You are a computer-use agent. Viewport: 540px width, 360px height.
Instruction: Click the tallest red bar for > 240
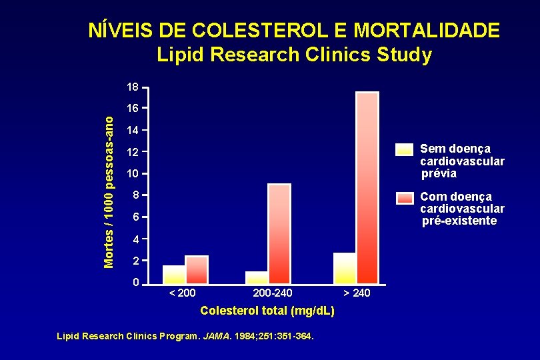367,188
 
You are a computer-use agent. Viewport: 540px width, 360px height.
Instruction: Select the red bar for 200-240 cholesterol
279,234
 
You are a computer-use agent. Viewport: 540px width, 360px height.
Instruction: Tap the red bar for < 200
197,270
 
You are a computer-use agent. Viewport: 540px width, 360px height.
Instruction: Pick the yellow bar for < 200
174,275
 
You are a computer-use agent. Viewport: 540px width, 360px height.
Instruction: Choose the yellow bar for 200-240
257,277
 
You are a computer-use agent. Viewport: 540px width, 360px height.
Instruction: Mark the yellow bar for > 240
345,268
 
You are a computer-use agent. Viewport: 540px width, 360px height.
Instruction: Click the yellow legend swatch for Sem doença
404,149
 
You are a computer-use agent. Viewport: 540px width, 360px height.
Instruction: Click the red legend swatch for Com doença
404,197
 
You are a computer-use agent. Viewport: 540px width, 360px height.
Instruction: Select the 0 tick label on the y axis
135,283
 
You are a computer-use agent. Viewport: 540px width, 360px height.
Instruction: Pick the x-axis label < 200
181,293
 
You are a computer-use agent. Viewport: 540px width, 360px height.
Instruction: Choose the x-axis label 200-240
273,293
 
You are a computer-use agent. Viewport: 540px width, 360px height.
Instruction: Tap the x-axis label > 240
357,293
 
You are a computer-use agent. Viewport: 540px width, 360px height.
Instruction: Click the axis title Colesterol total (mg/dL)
267,311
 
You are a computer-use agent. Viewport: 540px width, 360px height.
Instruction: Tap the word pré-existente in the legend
459,221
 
